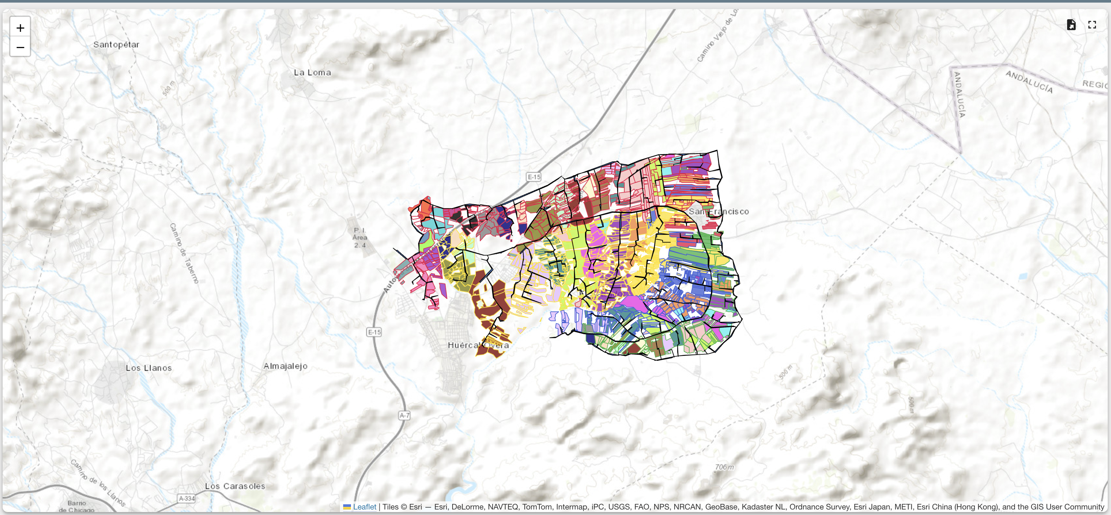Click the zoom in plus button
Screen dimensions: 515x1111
20,28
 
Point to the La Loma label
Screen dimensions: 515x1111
312,72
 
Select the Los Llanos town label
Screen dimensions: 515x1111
148,368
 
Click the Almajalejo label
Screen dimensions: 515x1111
285,366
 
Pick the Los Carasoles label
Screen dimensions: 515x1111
235,486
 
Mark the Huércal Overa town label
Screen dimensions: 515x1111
478,345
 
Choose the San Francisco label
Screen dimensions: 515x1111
718,211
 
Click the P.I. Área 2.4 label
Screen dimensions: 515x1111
360,238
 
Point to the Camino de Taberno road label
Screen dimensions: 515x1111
184,253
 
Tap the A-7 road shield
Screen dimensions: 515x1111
404,415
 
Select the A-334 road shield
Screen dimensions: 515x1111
187,499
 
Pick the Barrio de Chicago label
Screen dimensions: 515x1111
76,506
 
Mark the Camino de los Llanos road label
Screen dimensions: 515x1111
98,483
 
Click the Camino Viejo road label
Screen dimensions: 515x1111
717,37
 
